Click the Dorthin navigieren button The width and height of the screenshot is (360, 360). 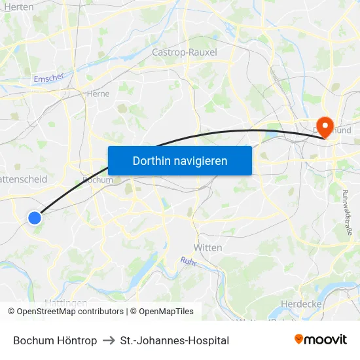pos(179,160)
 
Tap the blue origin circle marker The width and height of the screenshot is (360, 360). pos(35,218)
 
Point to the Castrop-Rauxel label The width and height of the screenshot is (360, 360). pos(184,52)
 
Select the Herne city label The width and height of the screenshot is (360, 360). pos(98,94)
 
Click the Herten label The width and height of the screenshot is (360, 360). pos(18,6)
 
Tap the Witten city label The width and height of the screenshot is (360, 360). pos(207,247)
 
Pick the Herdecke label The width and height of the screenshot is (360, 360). pos(299,304)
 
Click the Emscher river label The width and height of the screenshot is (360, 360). pos(49,78)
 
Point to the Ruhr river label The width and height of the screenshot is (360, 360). pos(189,261)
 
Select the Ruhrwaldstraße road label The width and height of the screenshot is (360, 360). pos(348,212)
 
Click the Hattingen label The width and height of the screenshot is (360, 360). pos(65,302)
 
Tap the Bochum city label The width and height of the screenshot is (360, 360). pos(98,180)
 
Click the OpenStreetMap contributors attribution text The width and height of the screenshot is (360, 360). pos(70,312)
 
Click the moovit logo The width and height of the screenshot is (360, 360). pos(320,339)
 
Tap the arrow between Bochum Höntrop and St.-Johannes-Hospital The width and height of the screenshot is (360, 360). pos(109,340)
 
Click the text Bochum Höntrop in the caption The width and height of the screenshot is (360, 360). pos(55,340)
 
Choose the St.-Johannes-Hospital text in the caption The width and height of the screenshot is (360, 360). pos(175,340)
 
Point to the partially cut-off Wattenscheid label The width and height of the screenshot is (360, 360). pos(22,178)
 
